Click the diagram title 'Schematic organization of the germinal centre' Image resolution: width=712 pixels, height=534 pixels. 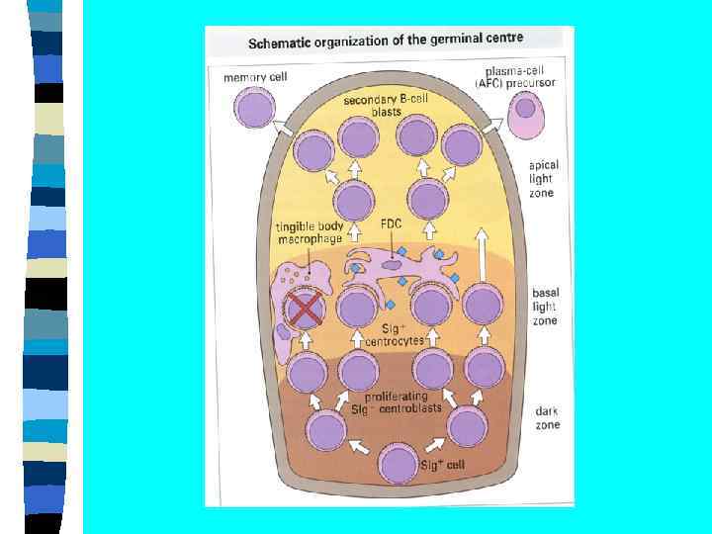click(x=385, y=42)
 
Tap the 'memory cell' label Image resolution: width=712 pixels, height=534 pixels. click(x=255, y=77)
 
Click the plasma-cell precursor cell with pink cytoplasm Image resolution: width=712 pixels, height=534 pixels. click(x=526, y=112)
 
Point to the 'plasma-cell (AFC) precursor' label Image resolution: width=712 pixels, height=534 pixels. click(x=521, y=77)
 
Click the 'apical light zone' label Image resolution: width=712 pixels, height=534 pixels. click(x=543, y=179)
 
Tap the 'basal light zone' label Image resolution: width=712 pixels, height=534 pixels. click(x=545, y=307)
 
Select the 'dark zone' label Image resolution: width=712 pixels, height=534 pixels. click(x=547, y=417)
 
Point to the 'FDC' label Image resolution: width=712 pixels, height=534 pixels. click(x=392, y=224)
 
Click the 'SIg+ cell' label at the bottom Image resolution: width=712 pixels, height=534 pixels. click(x=442, y=464)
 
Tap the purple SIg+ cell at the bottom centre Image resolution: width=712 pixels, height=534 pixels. click(x=399, y=464)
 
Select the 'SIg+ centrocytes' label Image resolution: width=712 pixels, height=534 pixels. click(x=394, y=334)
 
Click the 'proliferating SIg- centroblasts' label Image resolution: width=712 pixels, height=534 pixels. click(x=394, y=402)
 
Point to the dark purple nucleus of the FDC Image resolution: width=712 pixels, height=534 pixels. click(x=393, y=264)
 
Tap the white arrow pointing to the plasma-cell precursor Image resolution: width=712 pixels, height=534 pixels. click(x=491, y=125)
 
